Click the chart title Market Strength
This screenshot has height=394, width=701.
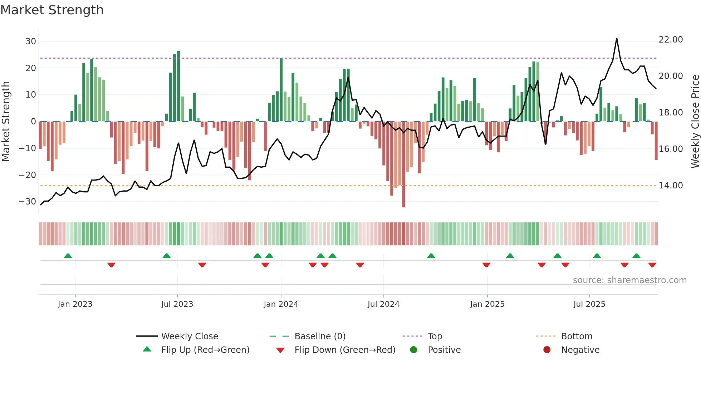[52, 10]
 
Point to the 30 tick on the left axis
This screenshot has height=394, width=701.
[31, 41]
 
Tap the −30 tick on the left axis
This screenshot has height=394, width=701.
[28, 202]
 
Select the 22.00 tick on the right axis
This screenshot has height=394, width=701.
[671, 39]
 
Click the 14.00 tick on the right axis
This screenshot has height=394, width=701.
[671, 185]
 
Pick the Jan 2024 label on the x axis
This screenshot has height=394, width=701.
[281, 304]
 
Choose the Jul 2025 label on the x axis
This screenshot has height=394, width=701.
[589, 304]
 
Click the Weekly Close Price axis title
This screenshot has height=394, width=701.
[695, 122]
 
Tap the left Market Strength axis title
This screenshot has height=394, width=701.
[6, 122]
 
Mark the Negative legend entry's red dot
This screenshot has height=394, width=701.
[547, 350]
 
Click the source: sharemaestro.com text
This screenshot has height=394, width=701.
[629, 280]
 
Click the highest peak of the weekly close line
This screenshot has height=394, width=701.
[617, 38]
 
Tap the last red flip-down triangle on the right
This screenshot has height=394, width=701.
[652, 265]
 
